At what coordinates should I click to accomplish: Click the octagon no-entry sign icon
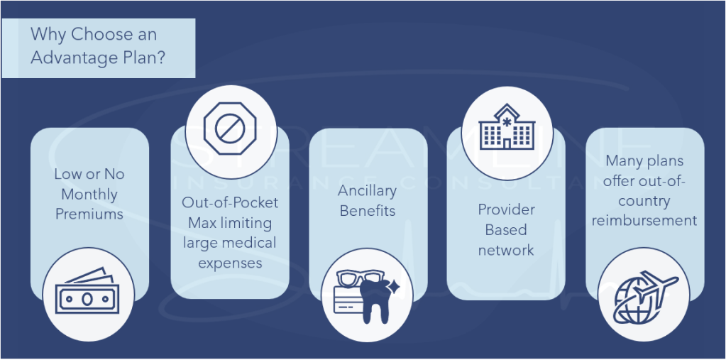click(224, 129)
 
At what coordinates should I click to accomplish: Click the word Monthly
click(89, 194)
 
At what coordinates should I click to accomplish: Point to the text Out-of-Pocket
click(230, 202)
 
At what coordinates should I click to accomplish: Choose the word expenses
click(230, 263)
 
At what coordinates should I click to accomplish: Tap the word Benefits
click(367, 211)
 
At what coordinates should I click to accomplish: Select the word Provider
click(506, 209)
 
